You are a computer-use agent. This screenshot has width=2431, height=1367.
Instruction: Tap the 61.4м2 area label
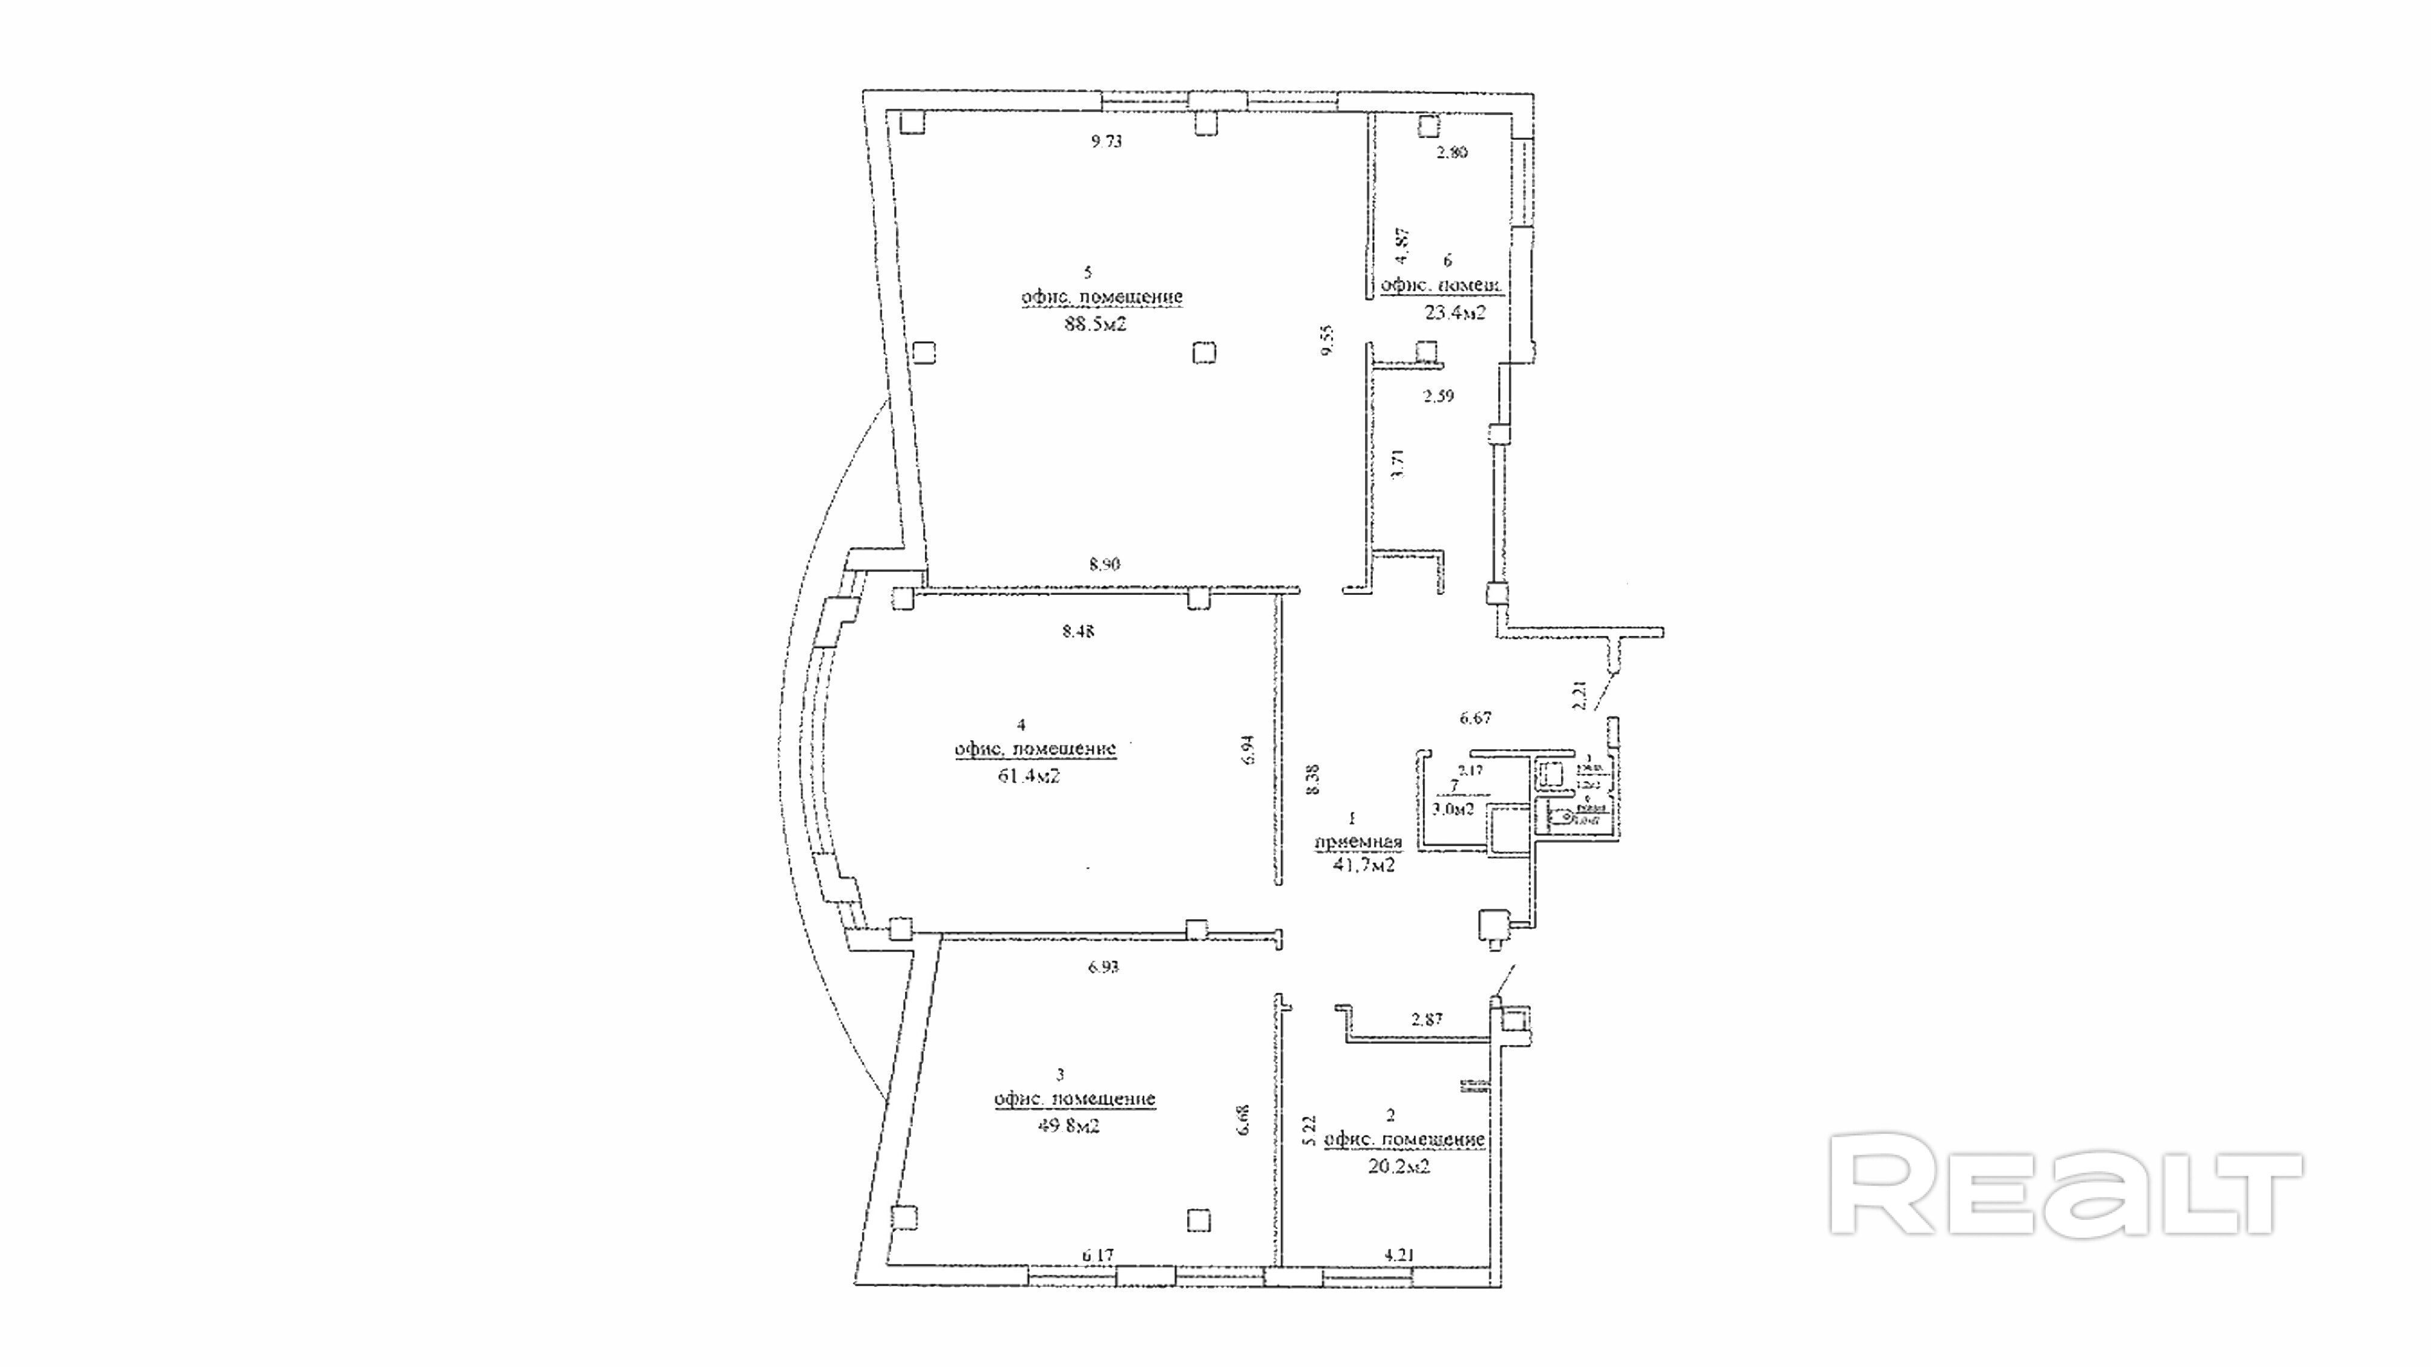[1028, 776]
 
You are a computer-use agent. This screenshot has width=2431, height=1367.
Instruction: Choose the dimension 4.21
[1399, 1255]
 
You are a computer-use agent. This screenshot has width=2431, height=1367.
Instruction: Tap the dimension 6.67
[1475, 718]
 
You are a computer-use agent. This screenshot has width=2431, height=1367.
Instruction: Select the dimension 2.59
[1438, 396]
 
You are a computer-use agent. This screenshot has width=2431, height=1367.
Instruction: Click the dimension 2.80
[1451, 152]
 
